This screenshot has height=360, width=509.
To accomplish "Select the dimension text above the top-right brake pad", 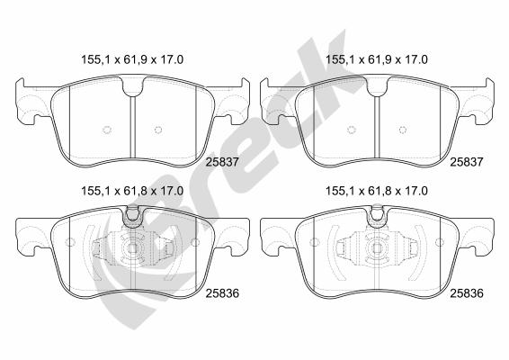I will (376, 60).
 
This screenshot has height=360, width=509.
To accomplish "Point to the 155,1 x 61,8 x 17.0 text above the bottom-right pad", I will (376, 191).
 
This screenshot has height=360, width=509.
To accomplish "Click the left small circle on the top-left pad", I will (106, 129).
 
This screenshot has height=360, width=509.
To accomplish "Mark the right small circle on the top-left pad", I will (159, 129).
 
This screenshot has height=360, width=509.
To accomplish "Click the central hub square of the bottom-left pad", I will (132, 250).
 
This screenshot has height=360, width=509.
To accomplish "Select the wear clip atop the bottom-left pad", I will (132, 213).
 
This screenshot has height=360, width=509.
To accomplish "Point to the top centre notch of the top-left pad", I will (132, 88).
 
